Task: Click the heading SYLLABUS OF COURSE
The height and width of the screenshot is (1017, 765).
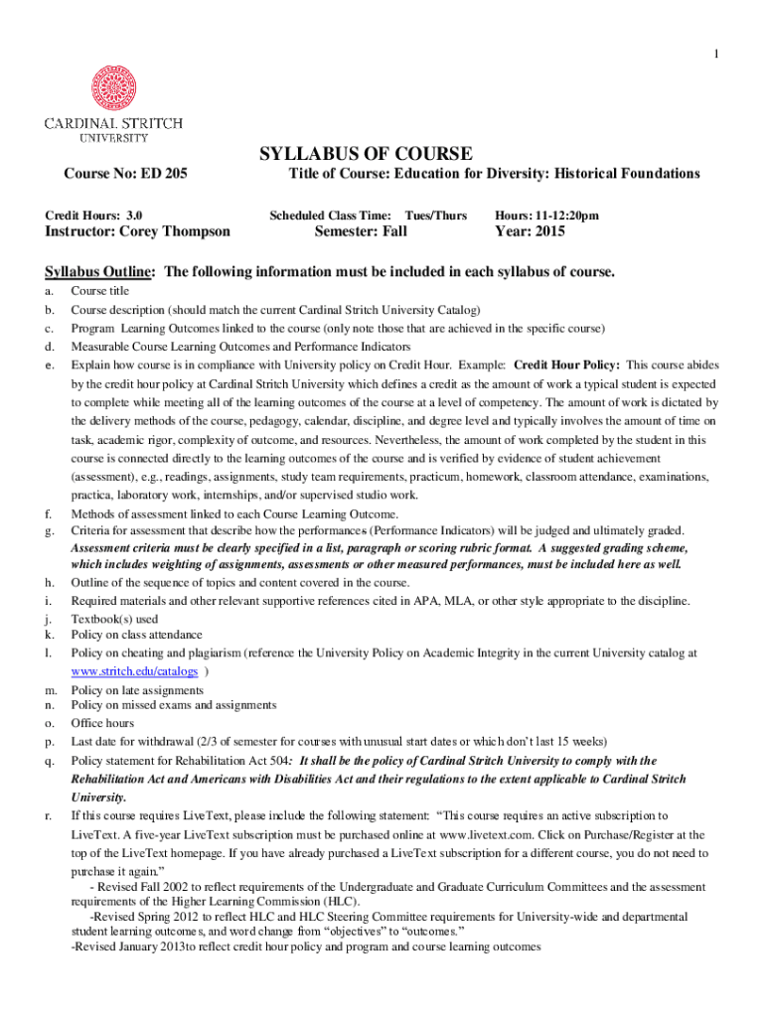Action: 366,153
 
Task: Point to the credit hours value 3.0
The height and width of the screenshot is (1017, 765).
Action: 134,215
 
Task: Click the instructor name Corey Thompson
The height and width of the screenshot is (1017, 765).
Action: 175,231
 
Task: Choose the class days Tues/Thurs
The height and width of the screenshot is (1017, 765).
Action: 435,215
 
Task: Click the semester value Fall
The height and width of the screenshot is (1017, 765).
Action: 387,231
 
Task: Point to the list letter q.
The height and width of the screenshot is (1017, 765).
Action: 49,761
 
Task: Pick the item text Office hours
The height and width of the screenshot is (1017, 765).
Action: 102,723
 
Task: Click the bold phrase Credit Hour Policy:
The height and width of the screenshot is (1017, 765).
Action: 566,364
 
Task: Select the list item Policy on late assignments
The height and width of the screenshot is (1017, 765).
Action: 137,690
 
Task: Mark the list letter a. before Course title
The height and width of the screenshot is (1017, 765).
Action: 49,291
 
